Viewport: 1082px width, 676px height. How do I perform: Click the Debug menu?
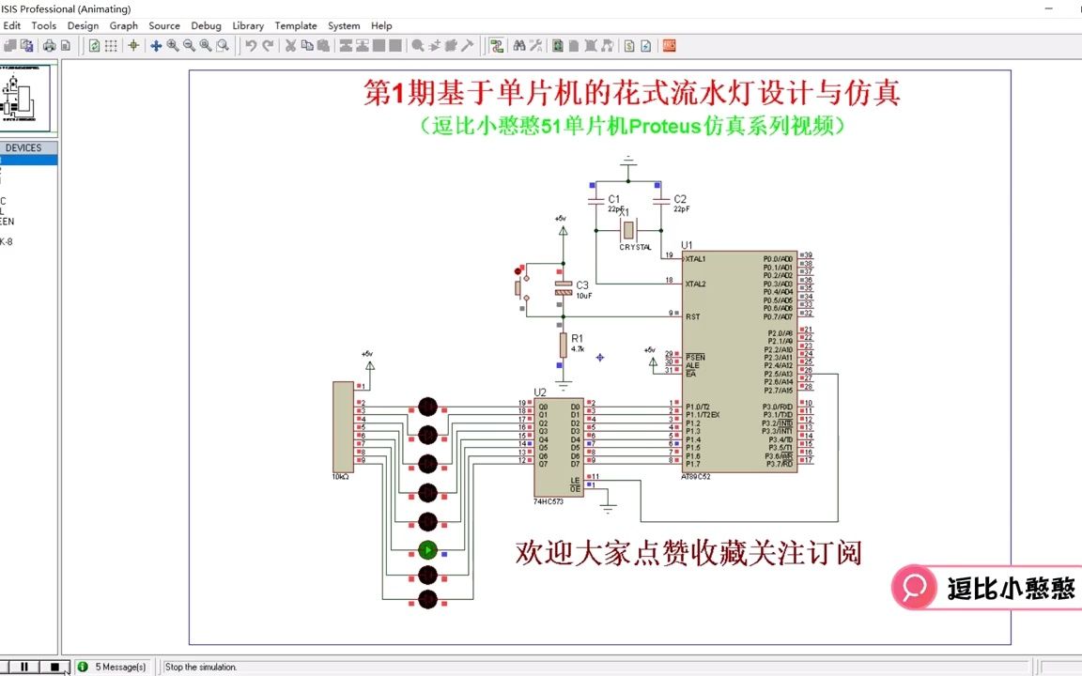[206, 25]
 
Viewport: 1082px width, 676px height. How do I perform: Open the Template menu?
[295, 25]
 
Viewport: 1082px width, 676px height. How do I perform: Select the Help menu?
[381, 25]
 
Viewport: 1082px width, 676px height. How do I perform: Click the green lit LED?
[427, 550]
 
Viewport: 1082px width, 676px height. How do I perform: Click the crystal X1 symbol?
[628, 230]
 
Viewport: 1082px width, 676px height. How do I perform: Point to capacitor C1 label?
[613, 199]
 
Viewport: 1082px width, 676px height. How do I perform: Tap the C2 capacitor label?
[680, 199]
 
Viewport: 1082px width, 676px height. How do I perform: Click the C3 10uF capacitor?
[564, 288]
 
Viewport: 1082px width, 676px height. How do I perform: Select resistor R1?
[564, 345]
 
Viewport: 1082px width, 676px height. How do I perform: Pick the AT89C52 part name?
[697, 477]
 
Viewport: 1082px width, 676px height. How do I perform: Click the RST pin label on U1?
[692, 316]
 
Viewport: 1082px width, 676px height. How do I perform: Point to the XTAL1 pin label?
[696, 258]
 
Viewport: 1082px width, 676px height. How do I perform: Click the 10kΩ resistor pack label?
[340, 477]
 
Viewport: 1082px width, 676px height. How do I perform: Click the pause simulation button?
[24, 667]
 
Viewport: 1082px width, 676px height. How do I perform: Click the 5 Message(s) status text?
[120, 667]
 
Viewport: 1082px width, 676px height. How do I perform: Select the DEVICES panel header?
[23, 147]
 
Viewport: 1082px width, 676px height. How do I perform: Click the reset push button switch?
[519, 285]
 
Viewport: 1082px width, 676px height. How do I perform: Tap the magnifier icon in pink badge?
[913, 588]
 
